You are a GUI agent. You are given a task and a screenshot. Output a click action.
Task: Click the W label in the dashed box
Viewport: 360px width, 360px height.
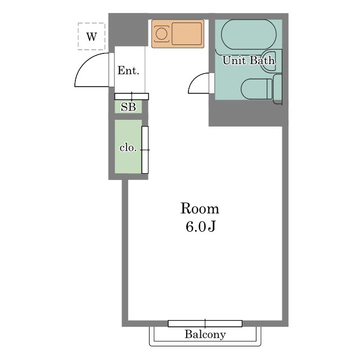(92, 37)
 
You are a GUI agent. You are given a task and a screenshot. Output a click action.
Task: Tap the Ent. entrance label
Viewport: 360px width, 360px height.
(128, 70)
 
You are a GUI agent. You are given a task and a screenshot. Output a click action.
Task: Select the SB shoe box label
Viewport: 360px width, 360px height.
(128, 107)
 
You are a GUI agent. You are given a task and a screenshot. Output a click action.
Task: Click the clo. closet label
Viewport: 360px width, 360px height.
(128, 147)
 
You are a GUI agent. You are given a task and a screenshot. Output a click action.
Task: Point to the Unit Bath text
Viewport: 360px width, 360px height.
(249, 60)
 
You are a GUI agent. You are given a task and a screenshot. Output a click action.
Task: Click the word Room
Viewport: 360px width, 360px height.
(200, 209)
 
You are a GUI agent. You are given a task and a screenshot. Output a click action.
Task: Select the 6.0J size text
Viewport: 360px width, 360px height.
(200, 227)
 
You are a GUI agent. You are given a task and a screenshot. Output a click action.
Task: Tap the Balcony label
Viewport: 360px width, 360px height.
(205, 334)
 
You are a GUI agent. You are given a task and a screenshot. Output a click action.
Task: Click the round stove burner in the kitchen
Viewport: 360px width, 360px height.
(161, 34)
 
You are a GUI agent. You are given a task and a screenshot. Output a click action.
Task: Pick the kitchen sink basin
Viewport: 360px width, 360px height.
(187, 34)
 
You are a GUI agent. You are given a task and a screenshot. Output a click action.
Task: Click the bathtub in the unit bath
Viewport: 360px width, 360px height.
(249, 34)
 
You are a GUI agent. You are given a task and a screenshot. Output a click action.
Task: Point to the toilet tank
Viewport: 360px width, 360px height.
(277, 89)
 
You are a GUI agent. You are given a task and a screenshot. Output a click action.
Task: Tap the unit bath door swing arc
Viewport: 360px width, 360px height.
(195, 78)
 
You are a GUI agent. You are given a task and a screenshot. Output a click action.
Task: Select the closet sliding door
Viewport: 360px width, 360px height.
(145, 150)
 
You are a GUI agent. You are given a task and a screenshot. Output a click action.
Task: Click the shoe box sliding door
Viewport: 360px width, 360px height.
(132, 96)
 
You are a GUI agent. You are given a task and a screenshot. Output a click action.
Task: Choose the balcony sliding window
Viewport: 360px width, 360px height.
(205, 323)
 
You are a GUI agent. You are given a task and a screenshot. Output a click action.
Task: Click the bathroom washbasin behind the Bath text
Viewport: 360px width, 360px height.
(271, 61)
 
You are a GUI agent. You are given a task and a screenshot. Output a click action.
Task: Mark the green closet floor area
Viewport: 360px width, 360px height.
(128, 146)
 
